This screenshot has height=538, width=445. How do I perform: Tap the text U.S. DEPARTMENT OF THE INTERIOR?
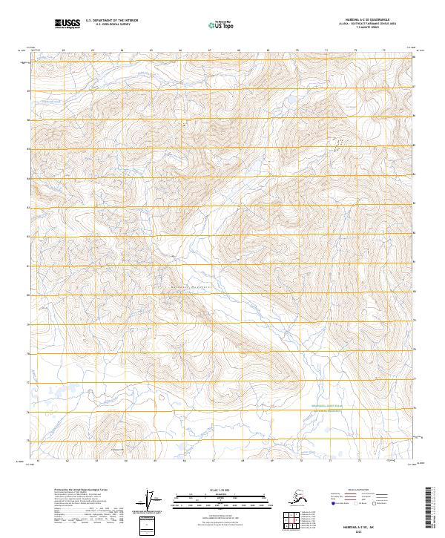point(110,22)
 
